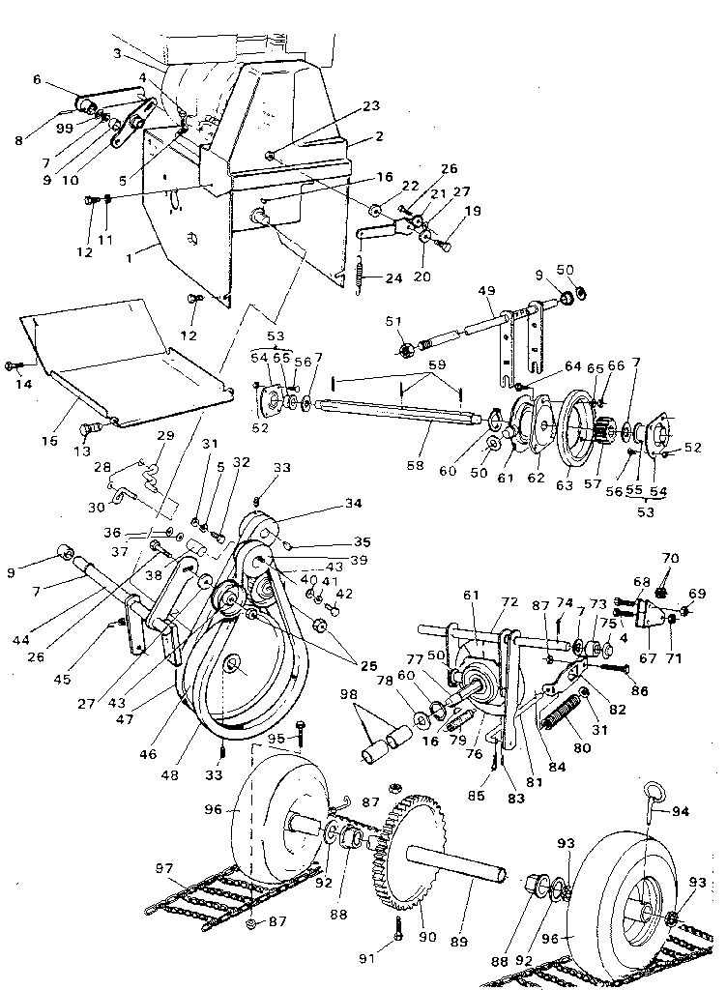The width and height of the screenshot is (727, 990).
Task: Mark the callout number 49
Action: coord(485,291)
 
